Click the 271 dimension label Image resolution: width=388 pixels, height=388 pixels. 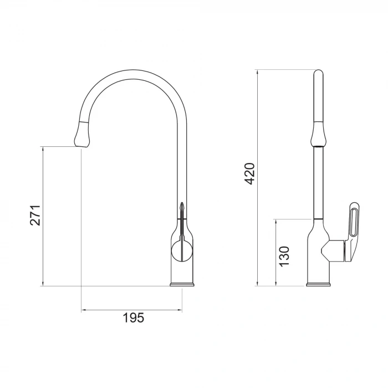tap(35, 215)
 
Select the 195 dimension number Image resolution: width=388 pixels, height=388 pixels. tap(133, 318)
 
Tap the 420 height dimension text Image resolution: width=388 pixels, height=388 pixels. tap(250, 173)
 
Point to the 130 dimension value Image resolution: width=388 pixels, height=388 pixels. tap(284, 257)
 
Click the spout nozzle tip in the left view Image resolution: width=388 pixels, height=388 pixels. tap(81, 143)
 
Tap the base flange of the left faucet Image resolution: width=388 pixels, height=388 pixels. tap(182, 285)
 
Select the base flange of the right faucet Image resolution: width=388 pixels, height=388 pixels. tap(318, 285)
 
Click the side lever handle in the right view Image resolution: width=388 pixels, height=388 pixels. tap(351, 233)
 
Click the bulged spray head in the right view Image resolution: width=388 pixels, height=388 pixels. tap(318, 133)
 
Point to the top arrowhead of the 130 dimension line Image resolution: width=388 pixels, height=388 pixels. tap(276, 221)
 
